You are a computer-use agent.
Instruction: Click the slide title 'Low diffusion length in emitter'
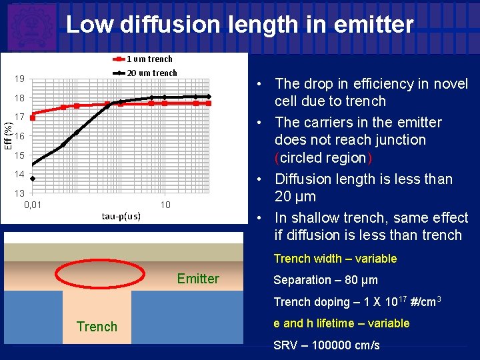240,25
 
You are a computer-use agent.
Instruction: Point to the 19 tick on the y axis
20,79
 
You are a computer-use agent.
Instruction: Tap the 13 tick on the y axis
20,193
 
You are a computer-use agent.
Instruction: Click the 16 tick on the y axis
20,136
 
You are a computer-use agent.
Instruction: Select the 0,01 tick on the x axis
33,204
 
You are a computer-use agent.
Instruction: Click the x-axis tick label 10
165,204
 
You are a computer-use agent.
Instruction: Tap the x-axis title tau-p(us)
121,216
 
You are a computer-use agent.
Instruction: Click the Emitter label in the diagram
198,279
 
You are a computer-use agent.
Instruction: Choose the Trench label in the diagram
97,327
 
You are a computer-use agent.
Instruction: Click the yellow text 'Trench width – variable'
335,259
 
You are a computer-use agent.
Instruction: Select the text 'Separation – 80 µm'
325,280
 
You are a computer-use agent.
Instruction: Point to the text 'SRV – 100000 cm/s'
327,345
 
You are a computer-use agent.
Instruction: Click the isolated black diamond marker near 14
32,179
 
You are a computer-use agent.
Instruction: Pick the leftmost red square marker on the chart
32,117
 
